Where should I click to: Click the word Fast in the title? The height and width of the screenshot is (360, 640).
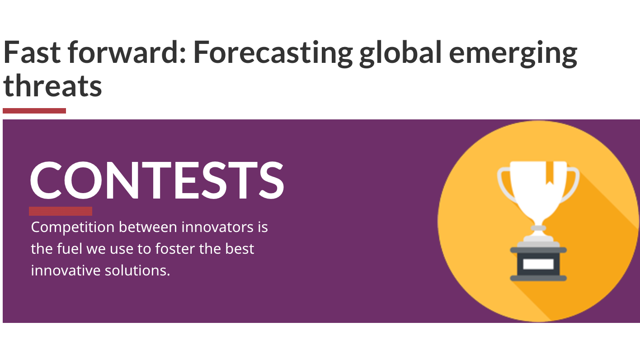(32, 52)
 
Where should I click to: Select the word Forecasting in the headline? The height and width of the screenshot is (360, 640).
(273, 54)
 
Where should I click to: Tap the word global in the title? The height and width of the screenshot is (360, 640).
(401, 54)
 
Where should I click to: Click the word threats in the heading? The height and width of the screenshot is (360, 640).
(52, 85)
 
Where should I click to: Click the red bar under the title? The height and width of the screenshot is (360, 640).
(34, 111)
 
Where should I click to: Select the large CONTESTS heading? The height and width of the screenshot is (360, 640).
(157, 180)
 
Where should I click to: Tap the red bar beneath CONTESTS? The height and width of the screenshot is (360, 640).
(61, 211)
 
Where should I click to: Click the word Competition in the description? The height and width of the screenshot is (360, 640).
(73, 228)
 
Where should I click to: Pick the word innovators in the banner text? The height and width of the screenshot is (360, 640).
(217, 227)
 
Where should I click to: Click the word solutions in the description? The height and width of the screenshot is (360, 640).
(137, 270)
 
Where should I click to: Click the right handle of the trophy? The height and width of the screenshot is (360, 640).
(571, 186)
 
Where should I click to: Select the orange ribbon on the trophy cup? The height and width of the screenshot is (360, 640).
(550, 173)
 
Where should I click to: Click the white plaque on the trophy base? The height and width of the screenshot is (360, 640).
(538, 264)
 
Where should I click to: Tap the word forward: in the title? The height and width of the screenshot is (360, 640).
(127, 52)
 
